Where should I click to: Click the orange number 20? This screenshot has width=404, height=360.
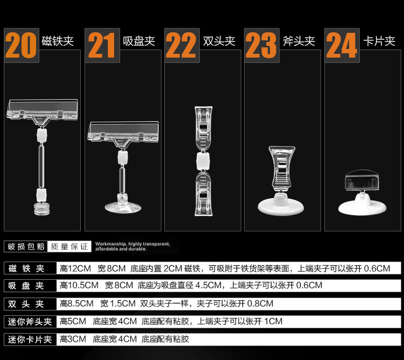coord(20,46)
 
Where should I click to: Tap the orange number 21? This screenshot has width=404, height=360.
coord(101,46)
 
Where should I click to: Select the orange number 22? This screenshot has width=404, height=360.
coord(181,46)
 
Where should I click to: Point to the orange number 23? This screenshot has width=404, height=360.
coord(261,46)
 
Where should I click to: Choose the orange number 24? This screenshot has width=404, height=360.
coord(342,46)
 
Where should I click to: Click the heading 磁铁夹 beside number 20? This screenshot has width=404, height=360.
coord(58,41)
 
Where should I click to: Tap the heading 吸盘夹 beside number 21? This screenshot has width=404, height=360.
coord(139,41)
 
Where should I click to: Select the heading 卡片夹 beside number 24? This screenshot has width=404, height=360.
coord(379,41)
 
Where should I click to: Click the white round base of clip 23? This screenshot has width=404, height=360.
coord(281,207)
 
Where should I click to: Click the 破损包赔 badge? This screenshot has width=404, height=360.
coord(26,246)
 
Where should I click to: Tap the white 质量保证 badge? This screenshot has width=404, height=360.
coord(69,246)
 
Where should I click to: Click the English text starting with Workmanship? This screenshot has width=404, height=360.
coord(133,246)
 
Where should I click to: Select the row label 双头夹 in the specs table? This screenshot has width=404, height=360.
coord(26,304)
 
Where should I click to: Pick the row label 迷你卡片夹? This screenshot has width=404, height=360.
coord(30,340)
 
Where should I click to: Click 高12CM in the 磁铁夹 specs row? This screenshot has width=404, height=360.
coord(75,269)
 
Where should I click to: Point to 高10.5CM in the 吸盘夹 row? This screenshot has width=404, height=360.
coord(79,285)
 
